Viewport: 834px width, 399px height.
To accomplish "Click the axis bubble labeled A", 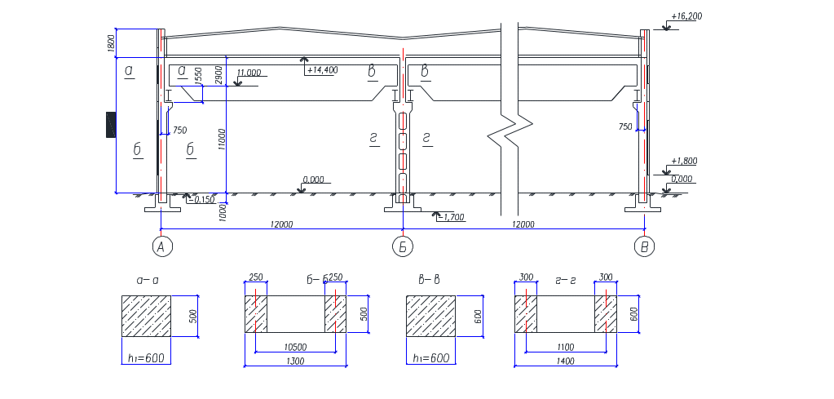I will [x=163, y=246].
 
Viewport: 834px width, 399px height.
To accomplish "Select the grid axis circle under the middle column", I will [x=401, y=246].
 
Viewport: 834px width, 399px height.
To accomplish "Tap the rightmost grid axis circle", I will [x=645, y=246].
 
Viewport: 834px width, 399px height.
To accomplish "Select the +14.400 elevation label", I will [x=322, y=70].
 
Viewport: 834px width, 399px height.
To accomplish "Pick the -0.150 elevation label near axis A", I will [x=204, y=199].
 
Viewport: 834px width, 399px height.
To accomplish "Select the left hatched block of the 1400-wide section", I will [x=525, y=314].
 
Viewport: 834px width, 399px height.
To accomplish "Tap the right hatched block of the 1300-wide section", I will [x=336, y=314].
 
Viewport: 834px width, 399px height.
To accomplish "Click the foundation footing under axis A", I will [x=161, y=207].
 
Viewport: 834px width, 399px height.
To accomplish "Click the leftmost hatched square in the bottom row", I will [x=146, y=316].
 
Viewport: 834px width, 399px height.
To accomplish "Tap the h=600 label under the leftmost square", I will [x=147, y=358].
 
